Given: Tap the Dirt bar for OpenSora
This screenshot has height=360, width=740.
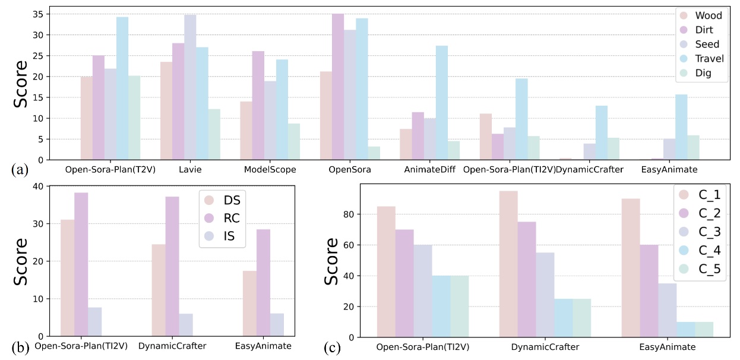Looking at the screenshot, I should click(x=338, y=87).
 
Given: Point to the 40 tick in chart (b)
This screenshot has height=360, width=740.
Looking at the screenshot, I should click(x=38, y=186).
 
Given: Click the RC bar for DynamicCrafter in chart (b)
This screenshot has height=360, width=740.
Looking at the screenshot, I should click(x=172, y=267).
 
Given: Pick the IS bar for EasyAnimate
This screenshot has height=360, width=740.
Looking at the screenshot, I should click(x=277, y=325).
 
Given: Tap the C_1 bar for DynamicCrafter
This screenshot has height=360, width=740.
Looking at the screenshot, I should click(x=508, y=264).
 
